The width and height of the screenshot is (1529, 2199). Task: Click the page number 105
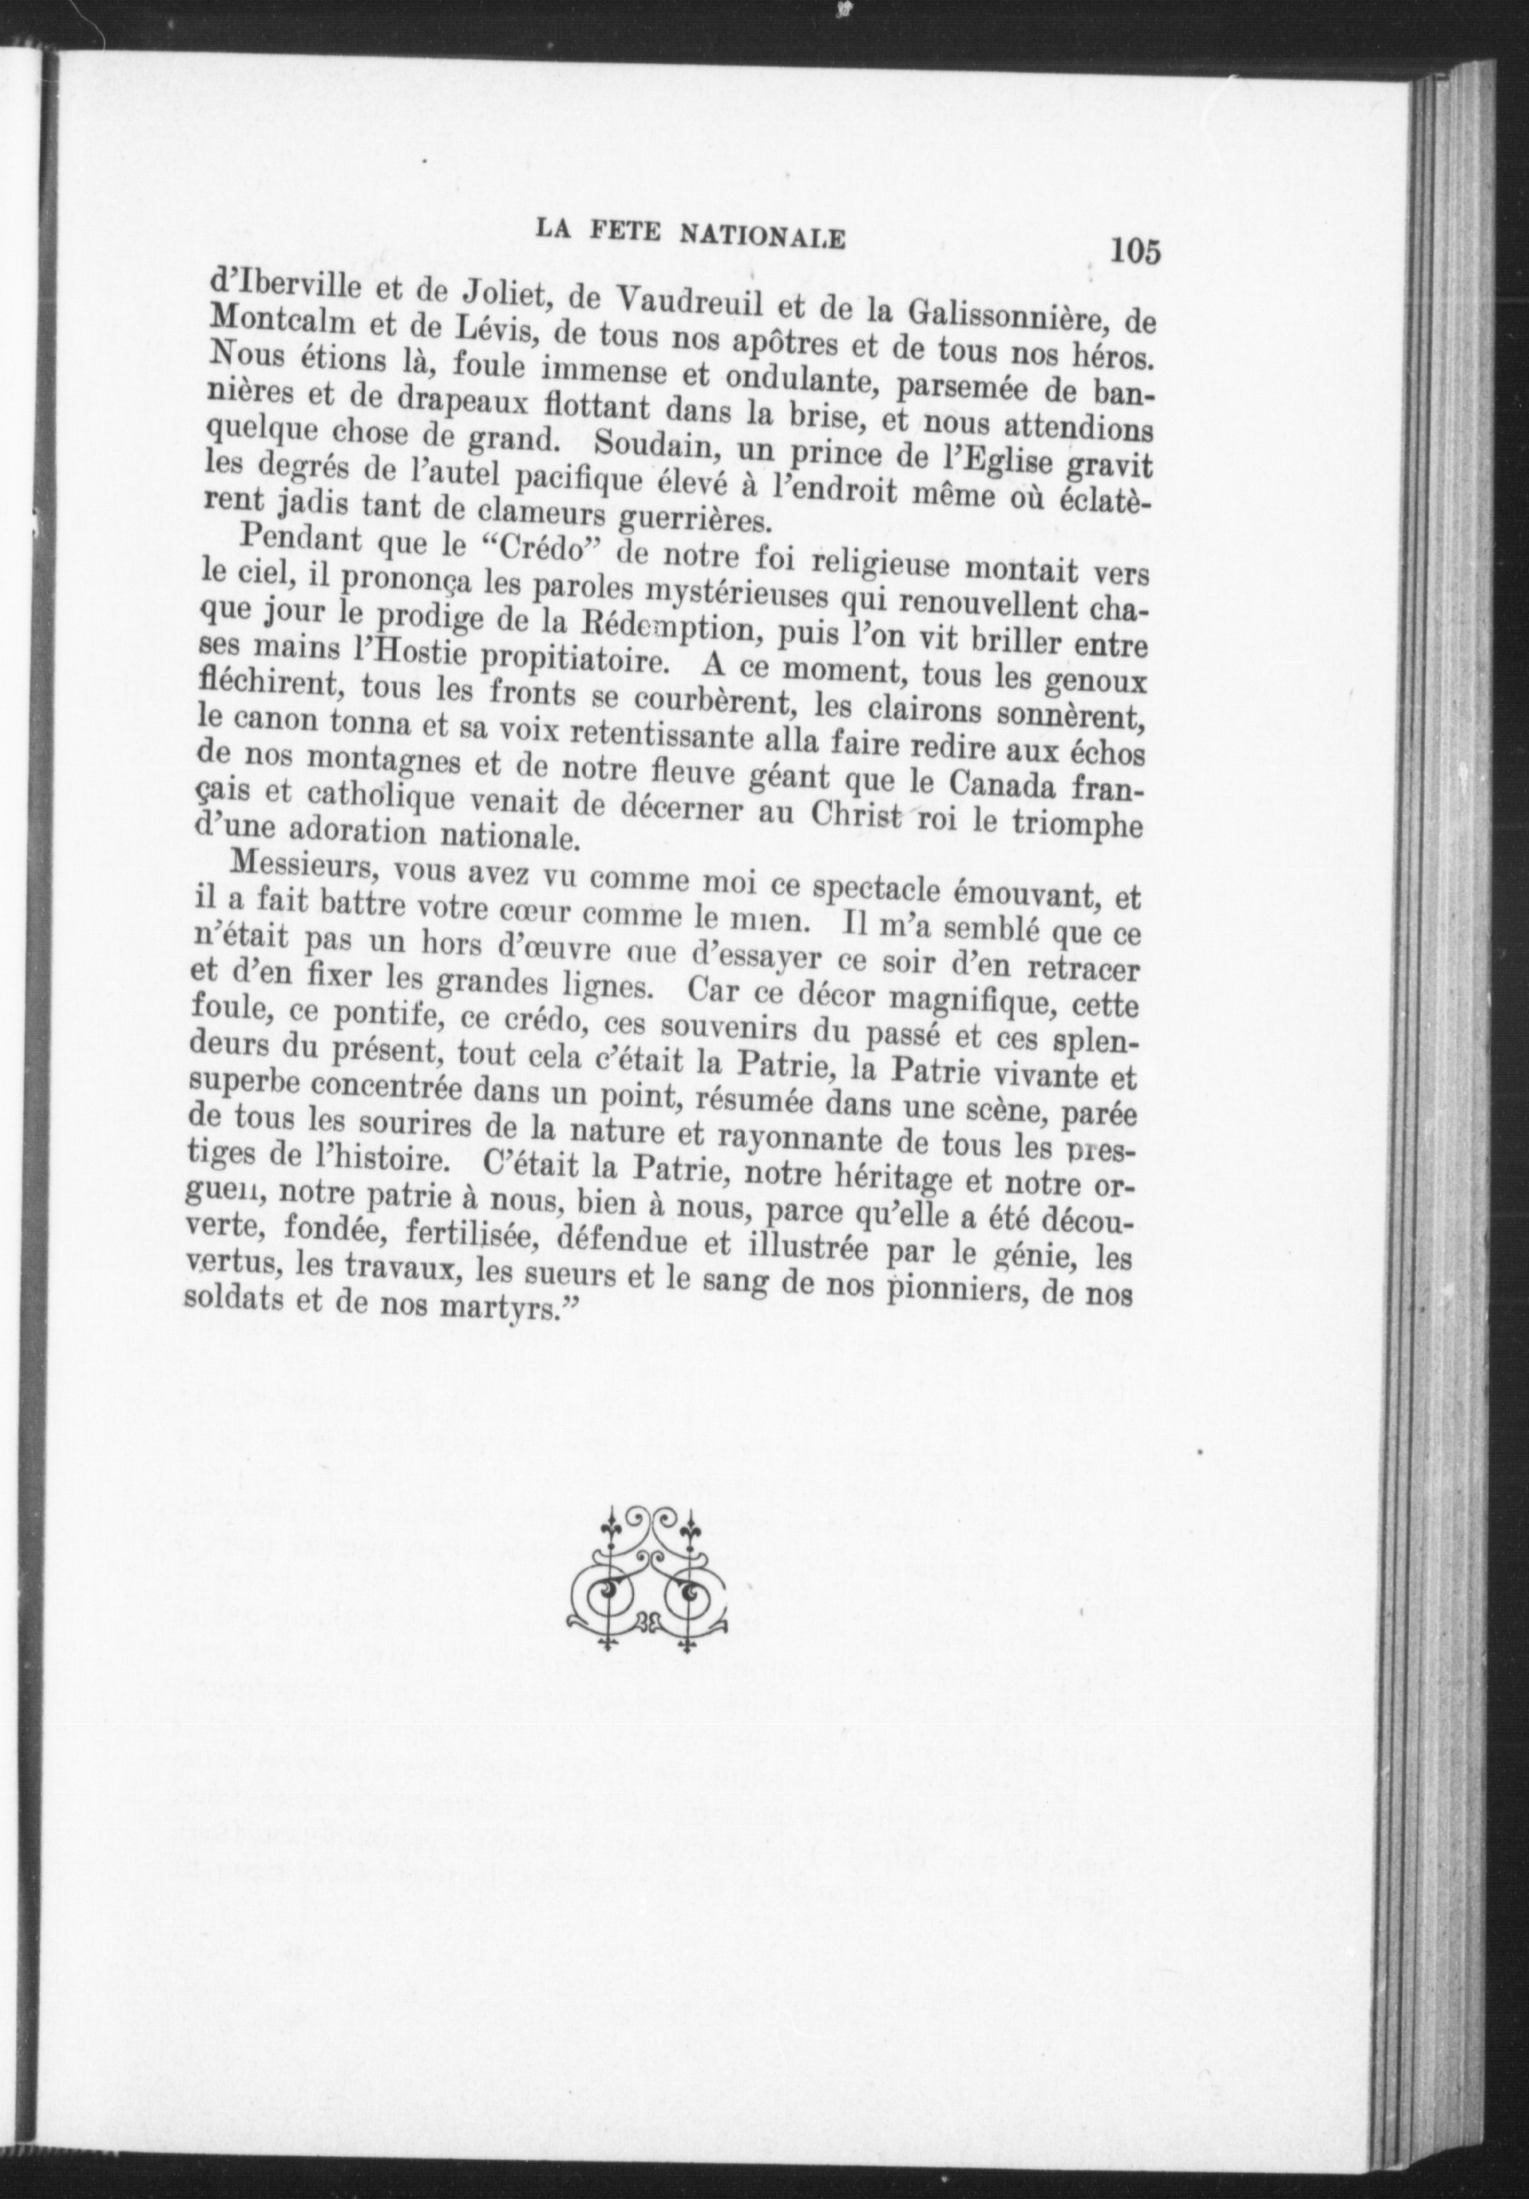point(1136,252)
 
